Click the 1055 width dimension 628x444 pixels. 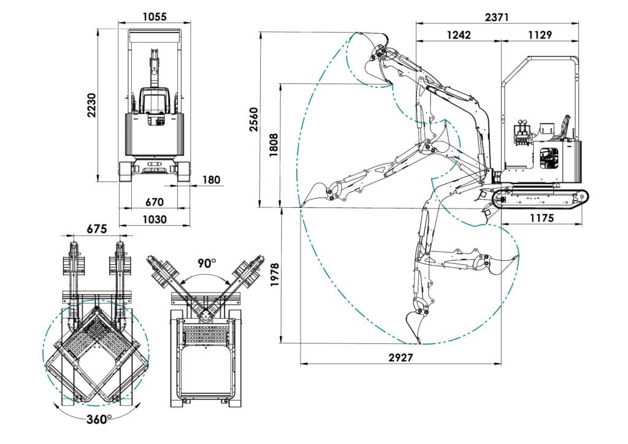coord(154,17)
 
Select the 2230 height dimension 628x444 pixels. coord(92,105)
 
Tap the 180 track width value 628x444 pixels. coord(211,180)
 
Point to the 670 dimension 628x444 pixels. coord(154,202)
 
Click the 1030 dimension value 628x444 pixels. coord(155,220)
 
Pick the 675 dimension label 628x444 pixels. coord(97,229)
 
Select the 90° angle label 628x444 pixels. coord(206,263)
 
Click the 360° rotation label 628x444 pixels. coord(99,419)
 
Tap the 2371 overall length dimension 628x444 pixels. coord(497,17)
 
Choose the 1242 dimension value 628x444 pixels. coord(459,35)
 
